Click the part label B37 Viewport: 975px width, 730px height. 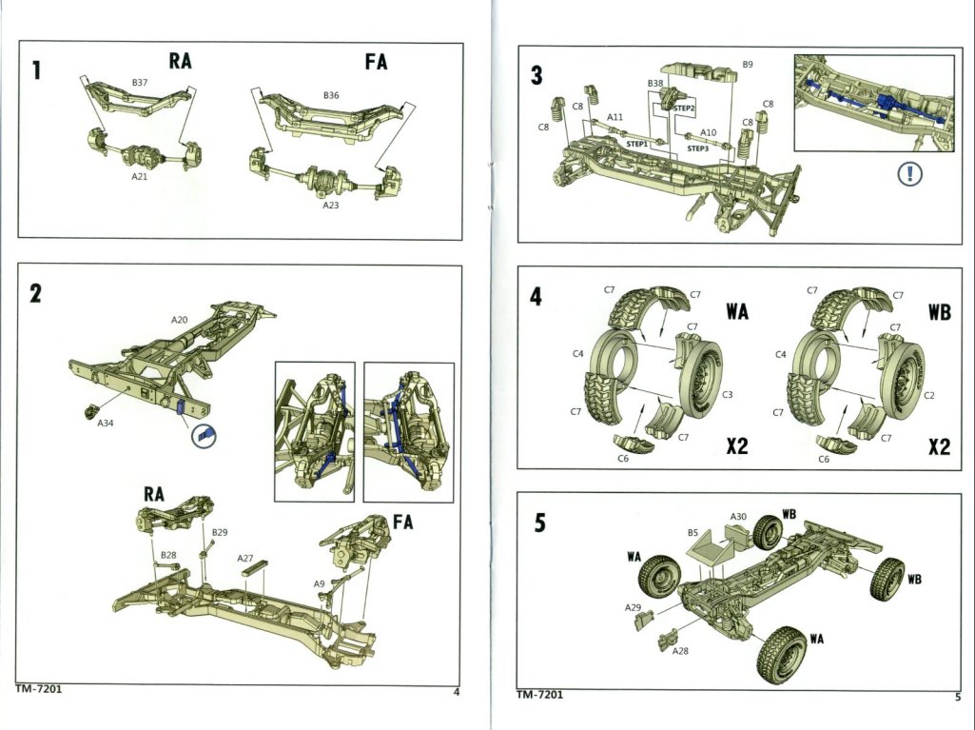[x=139, y=84]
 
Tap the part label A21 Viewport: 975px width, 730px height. [x=140, y=176]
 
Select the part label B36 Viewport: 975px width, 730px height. [x=331, y=95]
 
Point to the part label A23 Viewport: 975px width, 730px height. [x=331, y=205]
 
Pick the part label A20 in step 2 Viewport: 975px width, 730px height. [x=180, y=321]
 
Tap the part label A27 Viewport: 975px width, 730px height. [x=245, y=558]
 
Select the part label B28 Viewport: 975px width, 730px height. [x=168, y=554]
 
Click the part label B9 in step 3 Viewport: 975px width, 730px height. [x=749, y=65]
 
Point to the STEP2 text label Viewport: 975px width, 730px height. [x=685, y=109]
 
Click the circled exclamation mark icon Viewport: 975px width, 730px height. [x=911, y=176]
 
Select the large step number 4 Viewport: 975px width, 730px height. [x=536, y=298]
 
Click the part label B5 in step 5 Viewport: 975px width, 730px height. [x=693, y=535]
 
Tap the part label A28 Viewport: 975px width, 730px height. [x=680, y=651]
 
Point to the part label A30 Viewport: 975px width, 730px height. [x=739, y=517]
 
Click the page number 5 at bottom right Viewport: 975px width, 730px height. [x=957, y=696]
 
